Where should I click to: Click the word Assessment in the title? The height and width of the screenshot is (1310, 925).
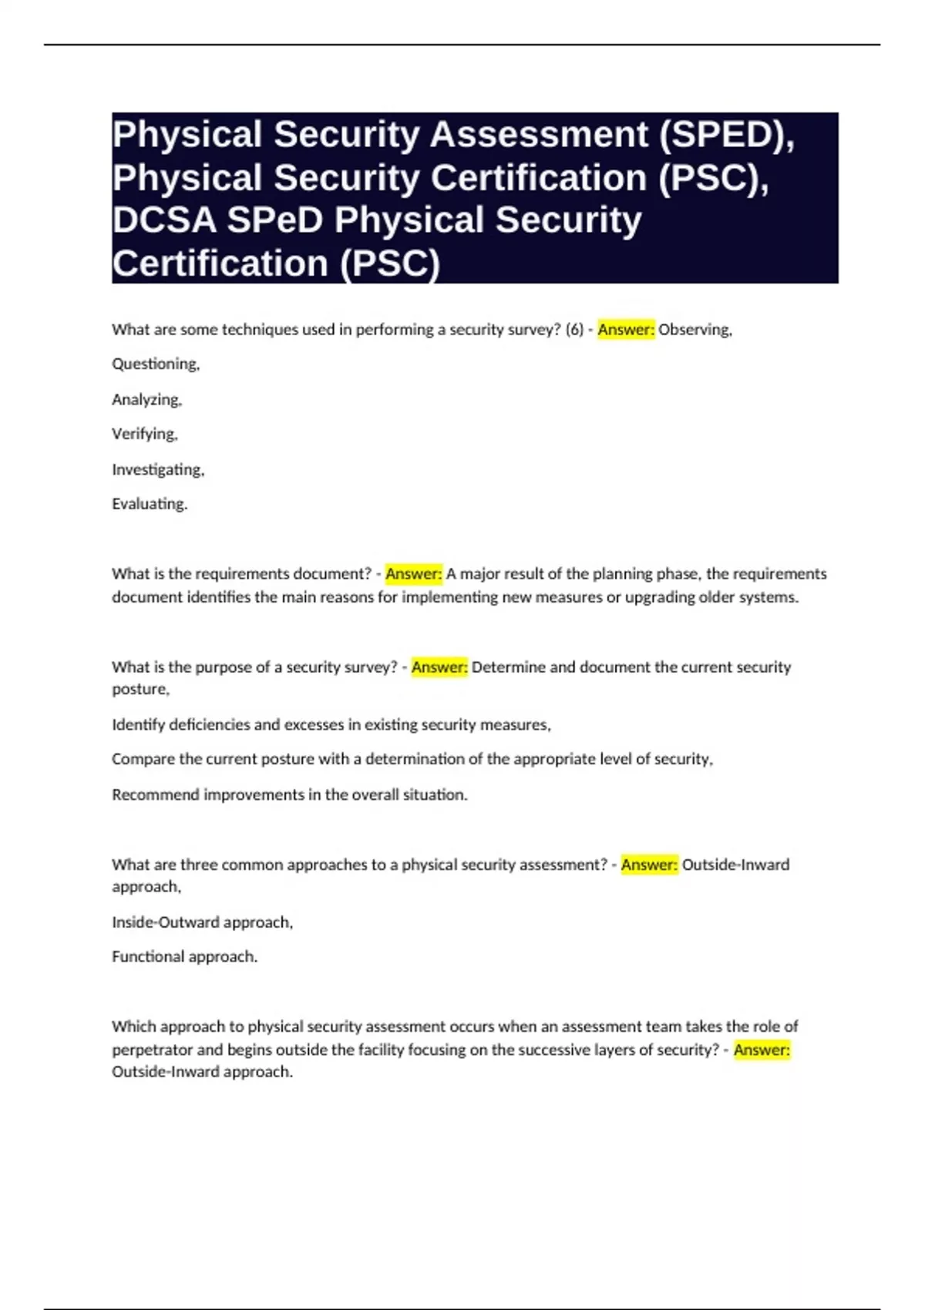[x=539, y=135]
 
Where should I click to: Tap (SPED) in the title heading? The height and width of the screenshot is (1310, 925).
[x=727, y=135]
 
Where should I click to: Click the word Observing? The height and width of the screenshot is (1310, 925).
[x=695, y=330]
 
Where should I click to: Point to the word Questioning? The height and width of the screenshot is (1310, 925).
[x=156, y=364]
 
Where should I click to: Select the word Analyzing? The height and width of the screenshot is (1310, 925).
[x=146, y=399]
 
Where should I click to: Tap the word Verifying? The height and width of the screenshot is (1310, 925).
[x=145, y=434]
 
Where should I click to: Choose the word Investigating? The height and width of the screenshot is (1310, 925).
[x=158, y=469]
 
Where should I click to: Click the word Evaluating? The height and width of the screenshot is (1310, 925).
[x=150, y=504]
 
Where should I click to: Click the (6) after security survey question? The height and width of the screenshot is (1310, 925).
[x=574, y=330]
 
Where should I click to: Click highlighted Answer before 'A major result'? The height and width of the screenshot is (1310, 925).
[x=414, y=574]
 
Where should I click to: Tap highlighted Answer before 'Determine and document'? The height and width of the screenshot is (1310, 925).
[x=439, y=667]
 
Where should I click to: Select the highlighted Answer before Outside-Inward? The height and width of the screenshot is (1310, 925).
[x=649, y=865]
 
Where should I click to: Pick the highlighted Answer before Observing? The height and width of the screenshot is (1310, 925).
[x=626, y=330]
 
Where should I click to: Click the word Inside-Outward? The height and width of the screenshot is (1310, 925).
[x=166, y=922]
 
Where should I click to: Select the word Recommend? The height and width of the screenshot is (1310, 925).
[x=155, y=794]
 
